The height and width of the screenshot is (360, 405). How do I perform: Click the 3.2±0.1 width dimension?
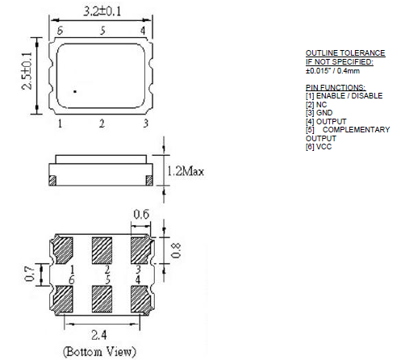pyautogui.click(x=102, y=11)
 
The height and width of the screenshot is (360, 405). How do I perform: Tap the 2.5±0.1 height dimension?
pyautogui.click(x=27, y=71)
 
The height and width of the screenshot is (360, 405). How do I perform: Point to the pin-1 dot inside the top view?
pyautogui.click(x=75, y=92)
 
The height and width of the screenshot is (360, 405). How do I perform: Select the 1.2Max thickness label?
pyautogui.click(x=186, y=171)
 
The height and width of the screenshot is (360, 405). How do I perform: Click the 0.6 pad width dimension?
pyautogui.click(x=141, y=215)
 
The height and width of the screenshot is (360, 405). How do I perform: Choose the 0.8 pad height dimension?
pyautogui.click(x=176, y=250)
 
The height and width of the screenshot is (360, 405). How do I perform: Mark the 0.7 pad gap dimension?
pyautogui.click(x=29, y=274)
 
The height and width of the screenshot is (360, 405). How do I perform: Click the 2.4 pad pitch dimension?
pyautogui.click(x=99, y=335)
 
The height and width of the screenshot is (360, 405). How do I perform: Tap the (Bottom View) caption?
pyautogui.click(x=99, y=352)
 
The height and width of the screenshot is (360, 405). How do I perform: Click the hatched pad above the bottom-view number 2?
pyautogui.click(x=102, y=250)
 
